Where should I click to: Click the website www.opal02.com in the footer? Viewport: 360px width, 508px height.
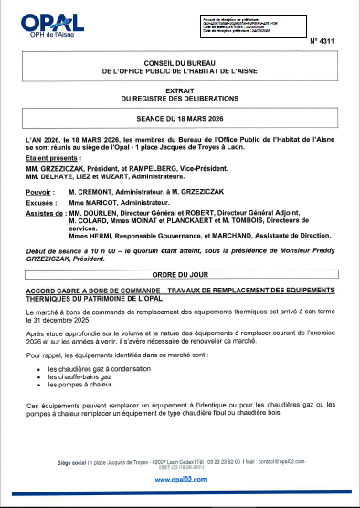179,479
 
